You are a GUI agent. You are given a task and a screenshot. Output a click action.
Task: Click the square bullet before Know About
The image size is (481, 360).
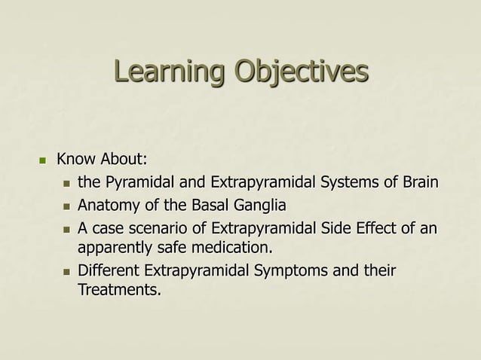tap(43, 160)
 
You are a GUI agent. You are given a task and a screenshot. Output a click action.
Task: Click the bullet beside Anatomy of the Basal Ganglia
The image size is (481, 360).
tap(66, 206)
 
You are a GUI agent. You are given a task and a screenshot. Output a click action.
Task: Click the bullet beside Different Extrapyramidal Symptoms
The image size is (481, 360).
tap(66, 270)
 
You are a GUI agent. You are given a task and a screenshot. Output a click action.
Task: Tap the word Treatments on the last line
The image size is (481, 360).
tap(119, 290)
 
